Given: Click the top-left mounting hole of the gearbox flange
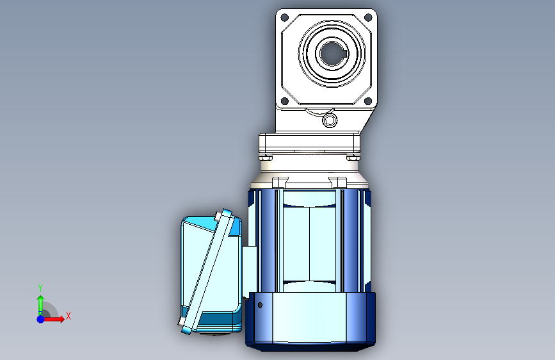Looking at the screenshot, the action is click(x=285, y=17).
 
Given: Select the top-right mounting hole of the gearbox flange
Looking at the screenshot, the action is click(x=368, y=17).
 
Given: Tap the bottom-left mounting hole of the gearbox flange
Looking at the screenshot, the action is click(x=285, y=101).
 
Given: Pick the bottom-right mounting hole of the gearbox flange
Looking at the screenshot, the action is click(x=368, y=101).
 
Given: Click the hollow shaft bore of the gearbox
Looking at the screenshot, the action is click(x=332, y=54).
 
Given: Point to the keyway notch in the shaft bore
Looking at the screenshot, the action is click(x=346, y=54).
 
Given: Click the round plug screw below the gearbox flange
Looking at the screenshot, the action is click(x=330, y=120).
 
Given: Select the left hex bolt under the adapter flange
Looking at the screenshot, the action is click(x=266, y=158).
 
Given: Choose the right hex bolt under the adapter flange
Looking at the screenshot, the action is click(x=353, y=158).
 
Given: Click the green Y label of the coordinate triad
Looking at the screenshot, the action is click(x=40, y=288).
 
